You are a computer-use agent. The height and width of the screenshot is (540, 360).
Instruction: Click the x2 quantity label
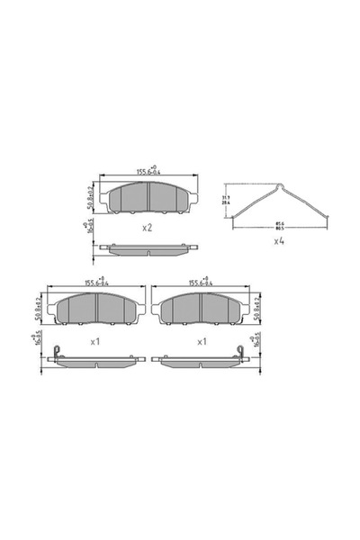[x=148, y=228]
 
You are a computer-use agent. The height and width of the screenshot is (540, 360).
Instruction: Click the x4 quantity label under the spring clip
[x=279, y=241]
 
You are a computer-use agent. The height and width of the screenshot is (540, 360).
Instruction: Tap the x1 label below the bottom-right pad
[x=202, y=342]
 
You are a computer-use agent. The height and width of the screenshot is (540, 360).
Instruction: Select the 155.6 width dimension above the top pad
[x=148, y=169]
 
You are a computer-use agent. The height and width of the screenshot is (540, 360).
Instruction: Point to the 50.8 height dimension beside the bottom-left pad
[x=37, y=309]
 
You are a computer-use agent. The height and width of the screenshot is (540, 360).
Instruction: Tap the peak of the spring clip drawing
[x=280, y=187]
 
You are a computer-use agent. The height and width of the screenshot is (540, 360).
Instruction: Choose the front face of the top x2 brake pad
[x=148, y=198]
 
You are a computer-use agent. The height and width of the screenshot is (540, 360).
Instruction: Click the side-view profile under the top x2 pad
[x=148, y=249]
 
